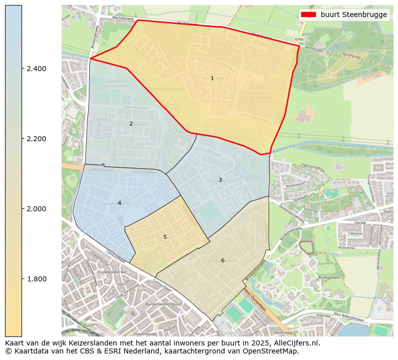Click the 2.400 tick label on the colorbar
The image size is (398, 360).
coord(37,69)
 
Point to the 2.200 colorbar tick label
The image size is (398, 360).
coord(37,139)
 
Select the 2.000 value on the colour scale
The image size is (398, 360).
coord(37,209)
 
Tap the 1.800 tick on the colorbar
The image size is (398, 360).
coord(37,279)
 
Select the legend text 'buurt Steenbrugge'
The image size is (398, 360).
coord(354,15)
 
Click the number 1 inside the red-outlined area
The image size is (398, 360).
coord(212,78)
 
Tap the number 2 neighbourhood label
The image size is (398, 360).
coord(131,124)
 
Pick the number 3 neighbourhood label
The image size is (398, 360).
coord(220,180)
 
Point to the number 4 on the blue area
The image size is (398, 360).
coord(119,203)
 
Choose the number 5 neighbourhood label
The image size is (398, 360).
coord(165,237)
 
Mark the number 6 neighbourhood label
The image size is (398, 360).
coord(223,260)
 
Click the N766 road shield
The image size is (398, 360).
coord(299,40)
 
